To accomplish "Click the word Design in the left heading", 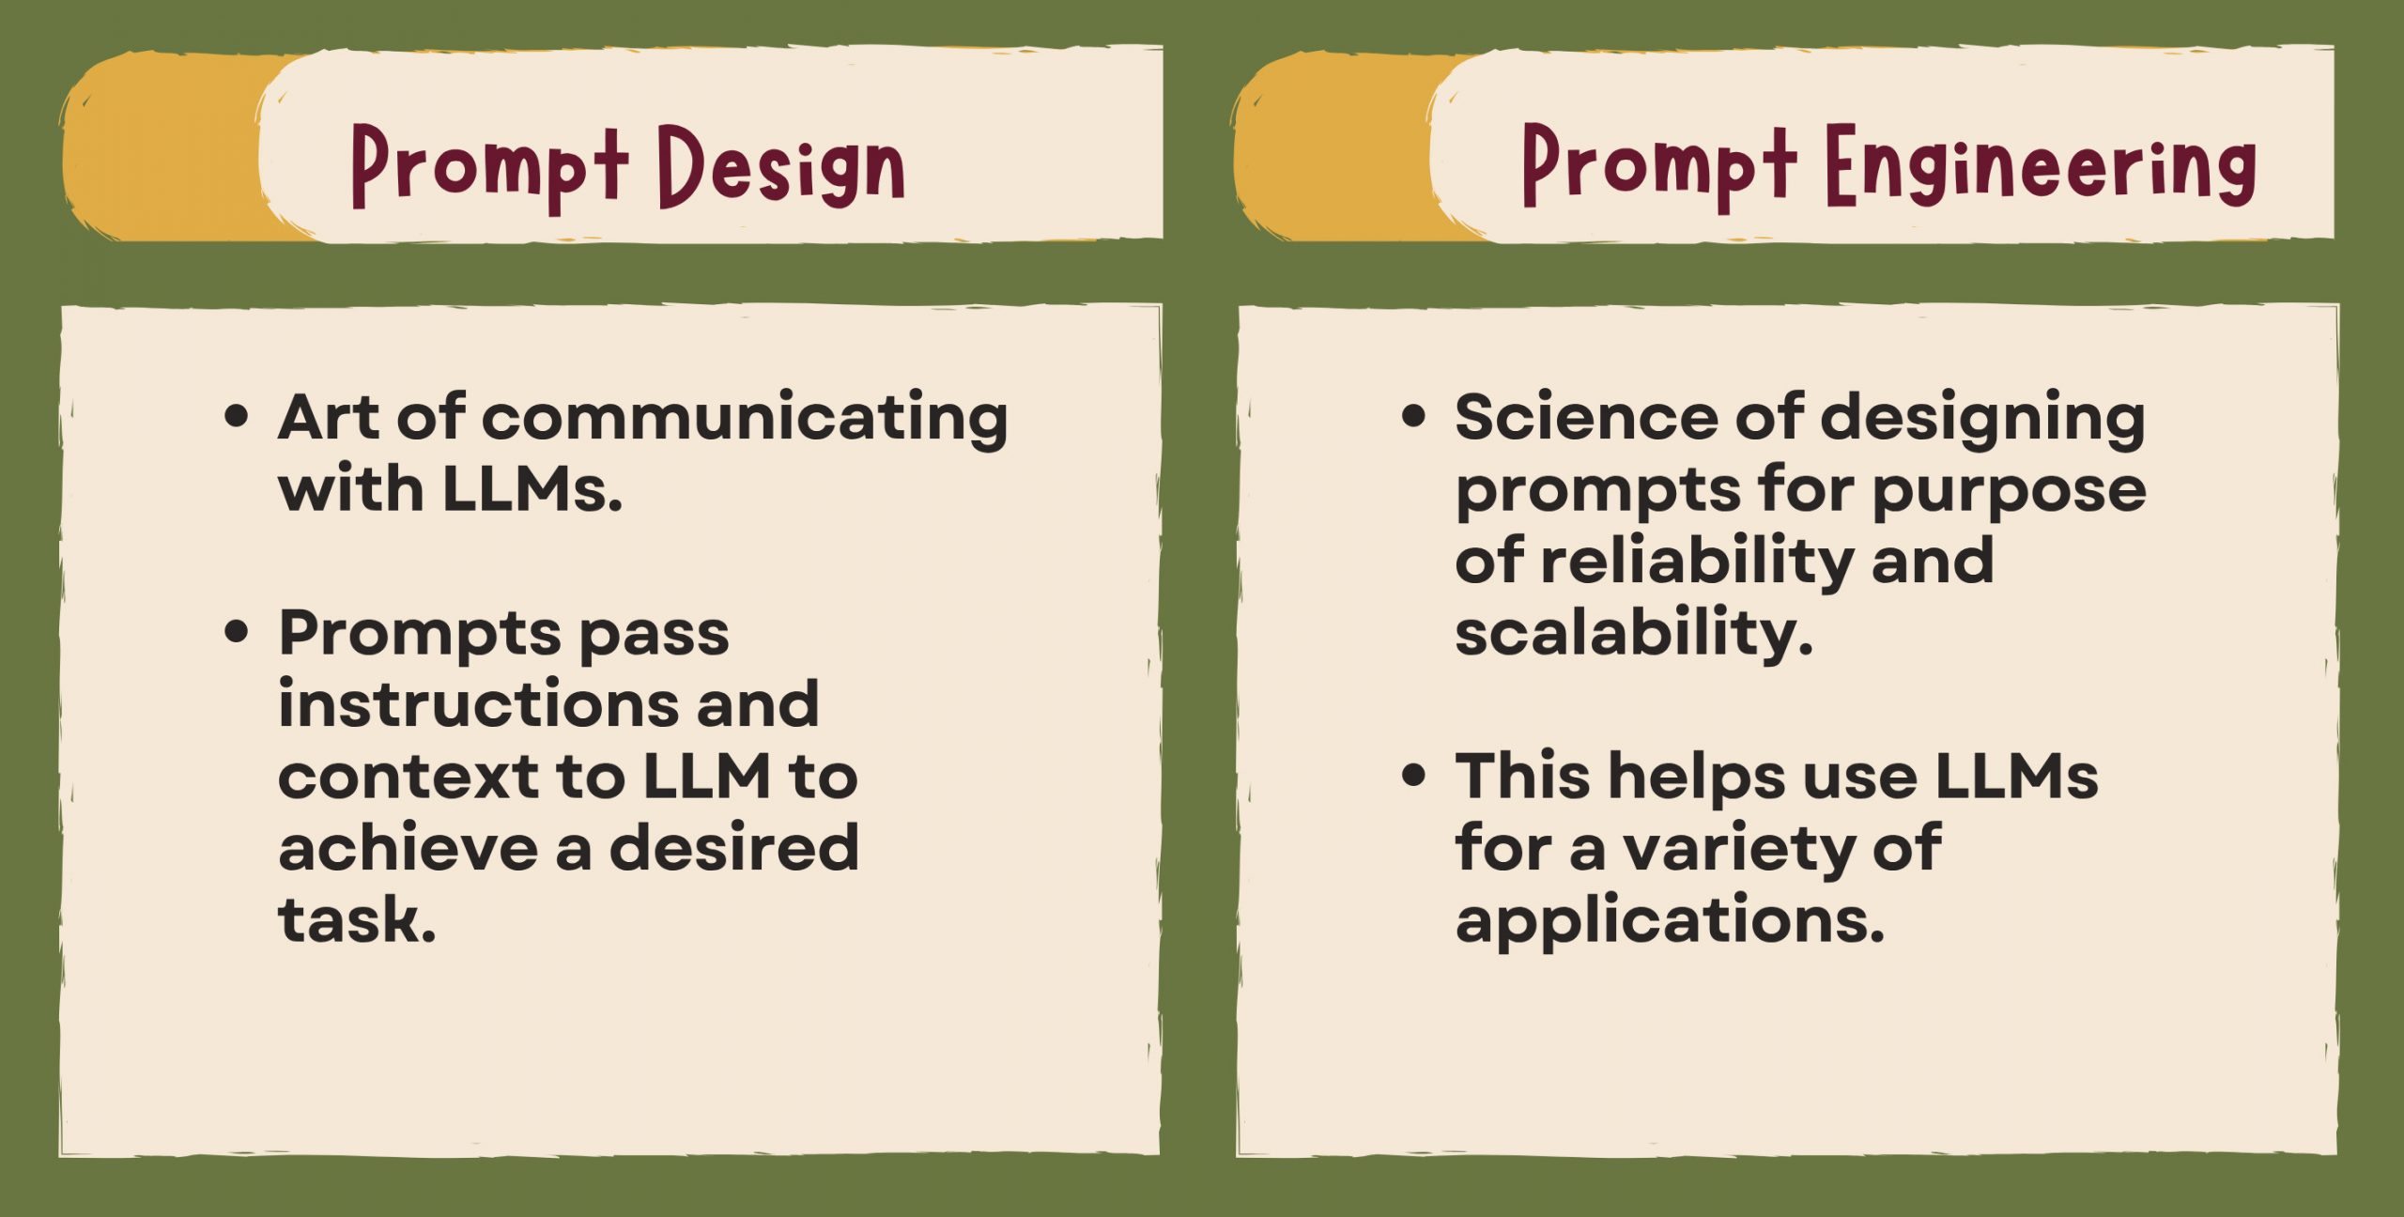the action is coord(780,166).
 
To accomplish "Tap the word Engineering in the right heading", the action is coord(2041,166).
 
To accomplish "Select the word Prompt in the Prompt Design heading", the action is coord(489,166).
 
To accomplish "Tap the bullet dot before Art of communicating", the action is coord(237,416).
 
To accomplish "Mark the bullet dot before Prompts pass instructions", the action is coord(237,632).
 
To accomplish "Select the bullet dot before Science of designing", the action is coord(1413,416).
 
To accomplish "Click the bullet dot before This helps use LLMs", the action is coord(1413,776).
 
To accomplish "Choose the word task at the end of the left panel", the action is coord(357,919).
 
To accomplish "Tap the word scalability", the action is coord(1633,632).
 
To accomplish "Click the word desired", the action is coord(734,847).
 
